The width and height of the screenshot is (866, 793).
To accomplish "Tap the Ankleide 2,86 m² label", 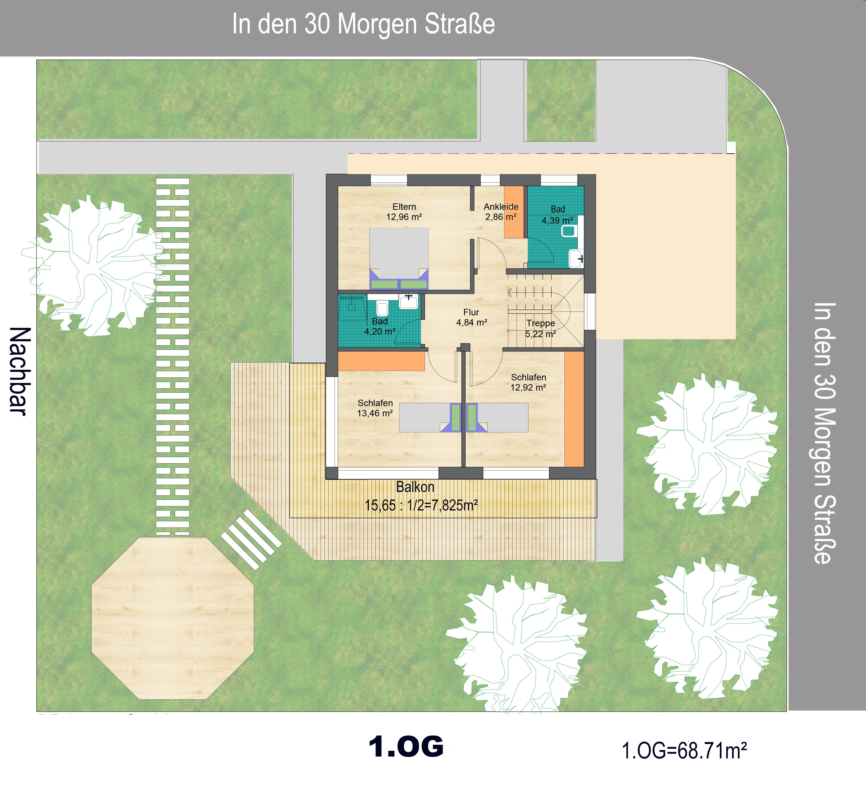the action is (x=501, y=212).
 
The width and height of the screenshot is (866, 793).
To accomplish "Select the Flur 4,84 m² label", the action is (x=471, y=317).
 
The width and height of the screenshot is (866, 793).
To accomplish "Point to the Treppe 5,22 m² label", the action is (x=540, y=329).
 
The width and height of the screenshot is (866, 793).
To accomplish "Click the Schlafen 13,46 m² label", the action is (x=375, y=408).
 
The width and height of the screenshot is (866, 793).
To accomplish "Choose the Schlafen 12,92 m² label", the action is (x=528, y=382).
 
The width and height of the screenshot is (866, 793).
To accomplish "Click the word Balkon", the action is (x=415, y=487).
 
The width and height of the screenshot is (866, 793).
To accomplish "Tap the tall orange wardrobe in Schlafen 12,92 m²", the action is (x=574, y=409).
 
